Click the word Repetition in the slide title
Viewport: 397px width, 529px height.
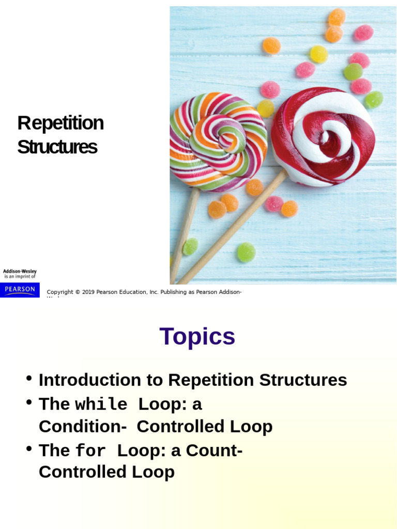click(60, 123)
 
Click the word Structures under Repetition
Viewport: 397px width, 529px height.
click(57, 147)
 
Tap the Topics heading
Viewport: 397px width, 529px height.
click(197, 337)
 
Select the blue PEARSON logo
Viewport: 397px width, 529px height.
click(20, 289)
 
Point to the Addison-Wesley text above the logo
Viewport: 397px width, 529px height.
click(20, 271)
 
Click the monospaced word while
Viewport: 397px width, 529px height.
click(101, 405)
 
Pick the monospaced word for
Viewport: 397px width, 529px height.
click(90, 452)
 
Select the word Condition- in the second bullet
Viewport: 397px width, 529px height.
click(83, 427)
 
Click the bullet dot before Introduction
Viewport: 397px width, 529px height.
click(29, 378)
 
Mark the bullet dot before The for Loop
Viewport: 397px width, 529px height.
click(29, 449)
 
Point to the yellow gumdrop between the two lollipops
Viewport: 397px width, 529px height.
click(266, 108)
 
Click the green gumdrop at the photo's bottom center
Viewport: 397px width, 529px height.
click(246, 252)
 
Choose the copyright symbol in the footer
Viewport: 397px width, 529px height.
click(77, 292)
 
